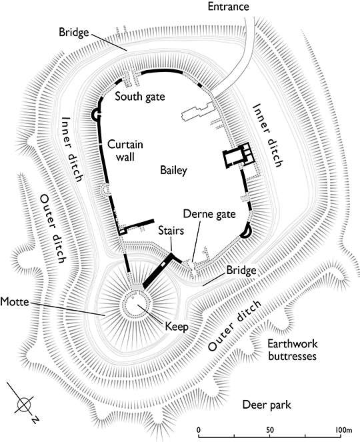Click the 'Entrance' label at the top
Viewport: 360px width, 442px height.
[229, 7]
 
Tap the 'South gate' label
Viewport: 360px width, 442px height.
[140, 97]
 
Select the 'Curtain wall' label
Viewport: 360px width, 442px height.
[125, 151]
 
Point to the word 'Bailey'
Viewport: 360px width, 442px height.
[173, 170]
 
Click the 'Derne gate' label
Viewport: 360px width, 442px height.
[209, 214]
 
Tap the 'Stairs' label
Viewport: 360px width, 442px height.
[171, 230]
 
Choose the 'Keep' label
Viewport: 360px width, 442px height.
[177, 327]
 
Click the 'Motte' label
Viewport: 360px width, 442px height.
[15, 302]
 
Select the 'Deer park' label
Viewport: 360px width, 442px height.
[267, 405]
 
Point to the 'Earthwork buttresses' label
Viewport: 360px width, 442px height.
[293, 350]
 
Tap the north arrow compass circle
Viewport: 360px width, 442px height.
[24, 405]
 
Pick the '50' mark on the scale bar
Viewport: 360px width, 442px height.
[270, 430]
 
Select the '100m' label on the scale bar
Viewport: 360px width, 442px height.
[343, 430]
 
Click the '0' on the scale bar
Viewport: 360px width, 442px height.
[199, 430]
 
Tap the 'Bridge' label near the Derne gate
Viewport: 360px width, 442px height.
[241, 270]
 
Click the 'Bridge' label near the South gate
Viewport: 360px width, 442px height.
[74, 33]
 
